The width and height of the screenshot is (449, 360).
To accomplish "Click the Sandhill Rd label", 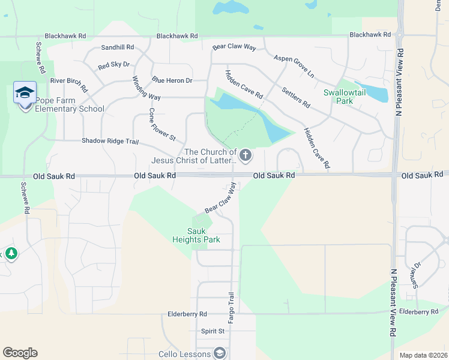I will coord(117,47).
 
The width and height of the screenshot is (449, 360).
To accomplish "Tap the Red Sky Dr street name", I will coord(113,65).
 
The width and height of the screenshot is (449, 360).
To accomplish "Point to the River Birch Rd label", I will coord(69,80).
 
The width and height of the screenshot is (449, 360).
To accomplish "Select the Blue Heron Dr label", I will coord(172,80).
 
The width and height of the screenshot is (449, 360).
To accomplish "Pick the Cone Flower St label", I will coord(161,125).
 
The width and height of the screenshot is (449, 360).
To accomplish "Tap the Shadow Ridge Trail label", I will coord(110,142).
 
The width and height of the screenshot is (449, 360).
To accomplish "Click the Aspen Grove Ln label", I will coord(294,66).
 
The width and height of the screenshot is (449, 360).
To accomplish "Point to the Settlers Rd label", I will coord(295,97).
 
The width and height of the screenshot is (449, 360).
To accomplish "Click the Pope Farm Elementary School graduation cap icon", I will coord(25,93).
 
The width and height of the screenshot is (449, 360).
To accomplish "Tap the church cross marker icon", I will coord(245,156).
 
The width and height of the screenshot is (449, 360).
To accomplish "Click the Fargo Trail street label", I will coord(231,304).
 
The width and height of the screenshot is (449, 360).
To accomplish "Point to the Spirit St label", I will coord(212,331).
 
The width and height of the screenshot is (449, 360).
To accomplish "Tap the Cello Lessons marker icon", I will coord(220,353).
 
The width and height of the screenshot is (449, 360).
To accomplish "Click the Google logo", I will coord(20,353).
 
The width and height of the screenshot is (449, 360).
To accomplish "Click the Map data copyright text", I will coord(423,355).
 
